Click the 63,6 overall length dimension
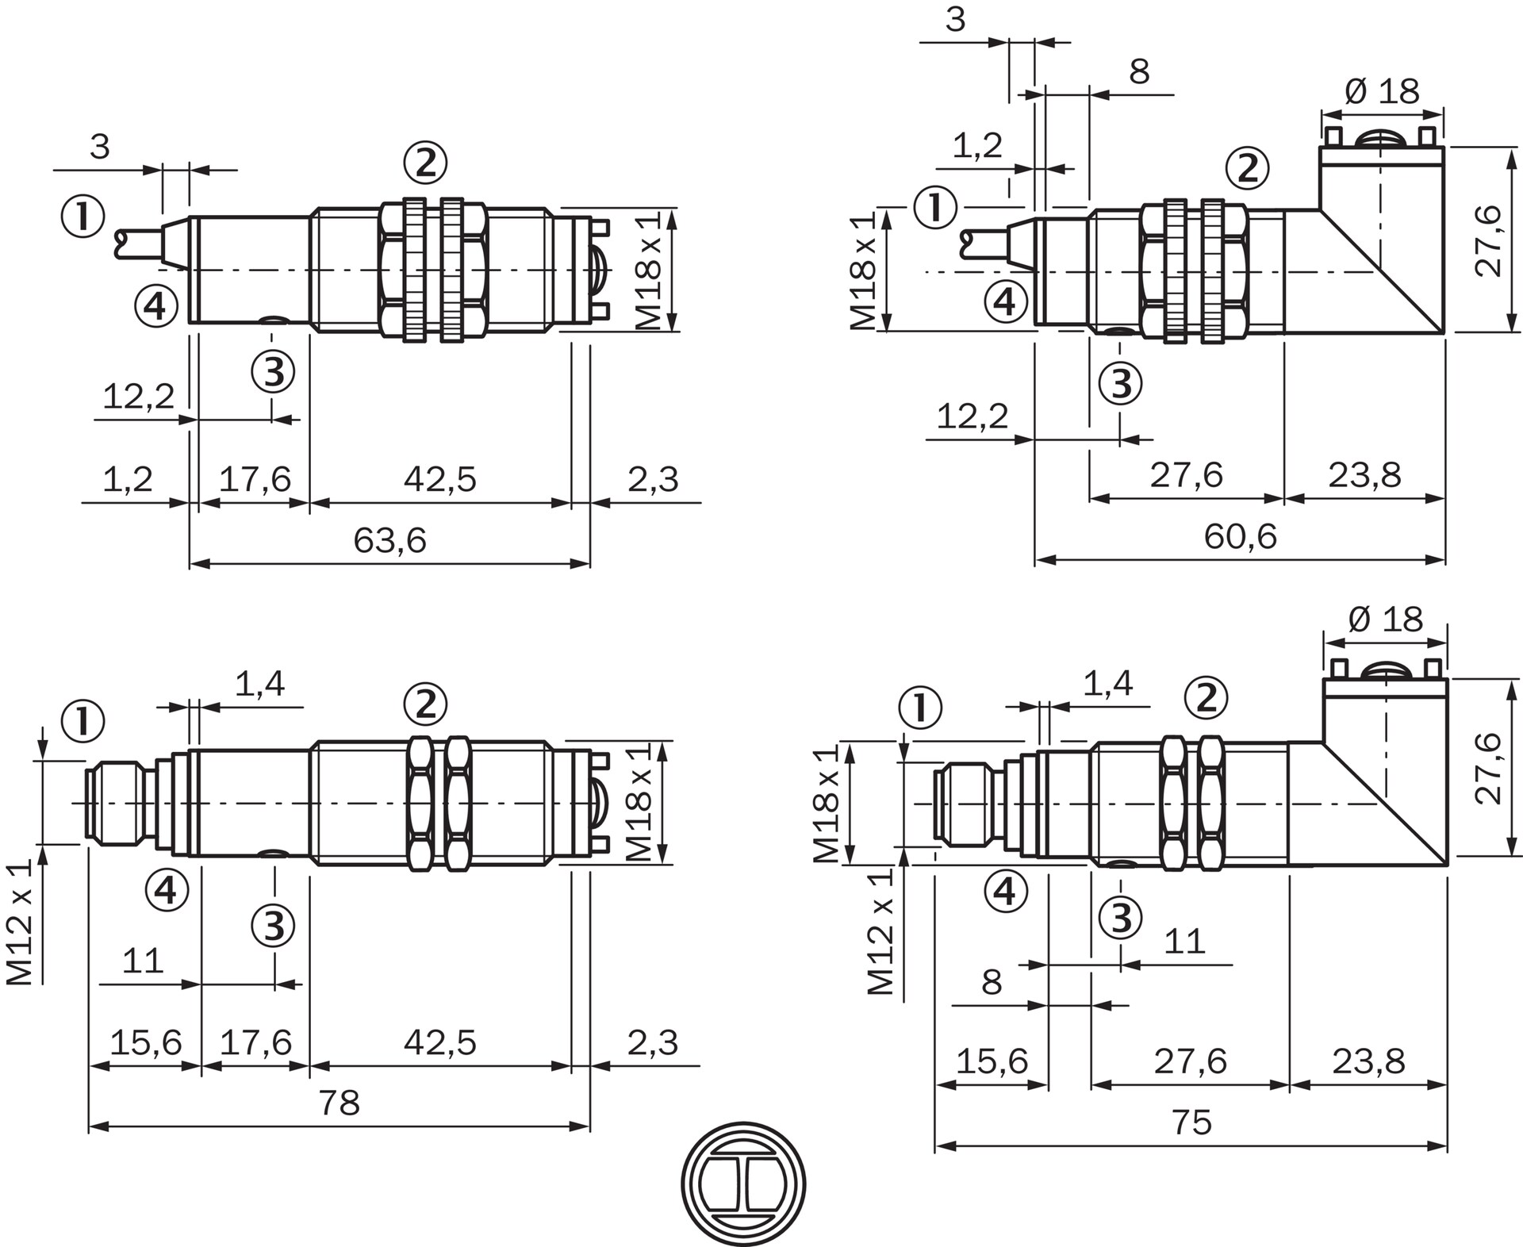389,541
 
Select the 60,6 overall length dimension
1240,537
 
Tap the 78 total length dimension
339,1103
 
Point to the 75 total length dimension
1191,1122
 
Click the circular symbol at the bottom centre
743,1184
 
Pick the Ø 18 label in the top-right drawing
1383,91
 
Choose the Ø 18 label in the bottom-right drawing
1386,619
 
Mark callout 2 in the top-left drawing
426,163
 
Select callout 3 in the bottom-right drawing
1120,919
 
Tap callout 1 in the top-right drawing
936,208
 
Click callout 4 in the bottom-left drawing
167,890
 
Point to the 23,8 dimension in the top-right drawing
1364,475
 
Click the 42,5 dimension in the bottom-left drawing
439,1042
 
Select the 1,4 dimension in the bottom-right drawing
1107,683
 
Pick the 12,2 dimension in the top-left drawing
138,396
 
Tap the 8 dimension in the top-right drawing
1139,71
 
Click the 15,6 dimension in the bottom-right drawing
992,1061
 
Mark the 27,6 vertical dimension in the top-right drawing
1489,240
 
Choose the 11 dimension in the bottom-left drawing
143,961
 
